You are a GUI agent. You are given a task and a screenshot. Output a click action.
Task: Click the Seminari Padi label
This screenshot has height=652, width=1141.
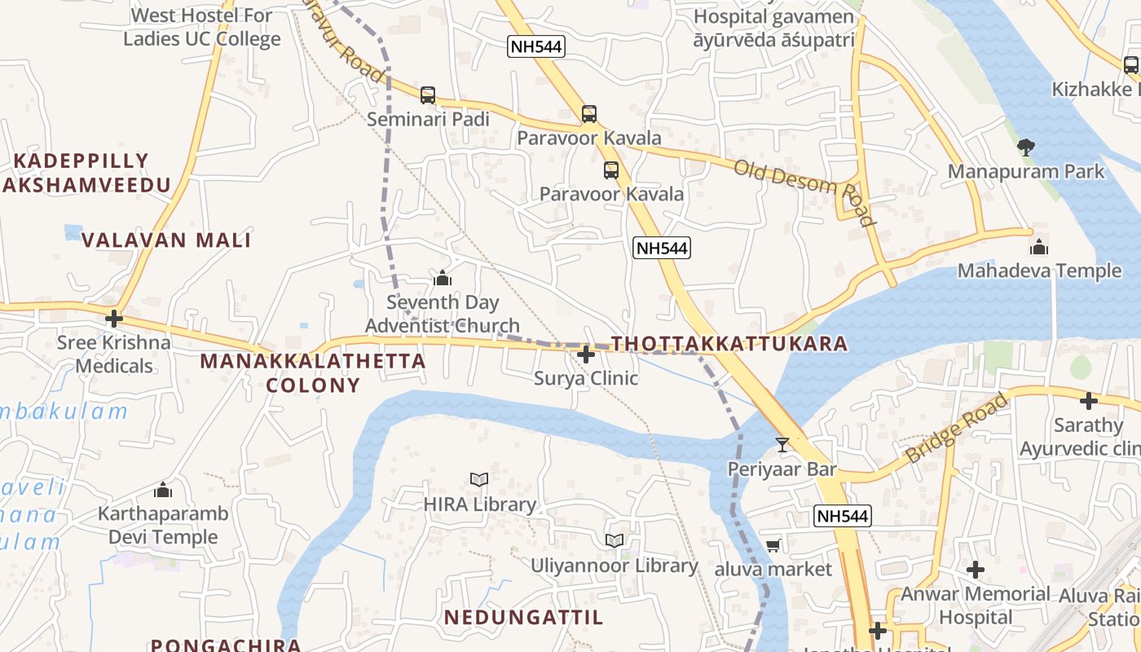tap(428, 120)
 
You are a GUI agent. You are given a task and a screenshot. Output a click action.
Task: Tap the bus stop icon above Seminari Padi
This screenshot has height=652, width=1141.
tap(428, 95)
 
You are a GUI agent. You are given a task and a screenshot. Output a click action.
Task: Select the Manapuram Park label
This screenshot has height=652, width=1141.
tap(1025, 171)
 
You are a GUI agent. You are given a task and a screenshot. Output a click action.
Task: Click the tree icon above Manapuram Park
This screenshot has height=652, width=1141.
tap(1025, 148)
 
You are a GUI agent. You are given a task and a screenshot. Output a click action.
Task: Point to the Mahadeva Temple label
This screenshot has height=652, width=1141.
tap(1039, 271)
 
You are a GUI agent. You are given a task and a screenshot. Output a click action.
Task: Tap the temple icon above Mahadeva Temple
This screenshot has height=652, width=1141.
tap(1039, 247)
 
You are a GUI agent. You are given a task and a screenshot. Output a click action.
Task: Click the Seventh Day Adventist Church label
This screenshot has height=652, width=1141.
tap(443, 315)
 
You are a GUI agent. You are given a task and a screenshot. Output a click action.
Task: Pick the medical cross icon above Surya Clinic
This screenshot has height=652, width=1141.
tap(585, 355)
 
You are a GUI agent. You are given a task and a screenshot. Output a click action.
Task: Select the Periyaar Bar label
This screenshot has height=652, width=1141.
tap(782, 469)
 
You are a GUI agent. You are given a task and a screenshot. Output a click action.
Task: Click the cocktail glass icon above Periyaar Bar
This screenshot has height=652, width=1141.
tap(782, 444)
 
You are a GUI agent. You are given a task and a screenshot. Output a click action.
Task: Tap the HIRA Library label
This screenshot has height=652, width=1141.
tap(479, 504)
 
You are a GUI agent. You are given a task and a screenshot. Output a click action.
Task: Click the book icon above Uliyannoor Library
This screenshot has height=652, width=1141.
tap(615, 540)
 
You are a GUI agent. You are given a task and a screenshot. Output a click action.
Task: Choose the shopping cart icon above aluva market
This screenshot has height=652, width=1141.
tap(773, 545)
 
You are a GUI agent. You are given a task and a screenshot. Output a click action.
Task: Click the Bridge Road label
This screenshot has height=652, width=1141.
tap(957, 428)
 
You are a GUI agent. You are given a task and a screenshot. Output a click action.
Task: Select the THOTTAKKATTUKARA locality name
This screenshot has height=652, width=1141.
tap(729, 343)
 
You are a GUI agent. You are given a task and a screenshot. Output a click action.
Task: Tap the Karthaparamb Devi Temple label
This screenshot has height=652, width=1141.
tap(163, 526)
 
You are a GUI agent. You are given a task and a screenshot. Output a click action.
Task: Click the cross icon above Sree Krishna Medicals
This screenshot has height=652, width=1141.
tap(114, 318)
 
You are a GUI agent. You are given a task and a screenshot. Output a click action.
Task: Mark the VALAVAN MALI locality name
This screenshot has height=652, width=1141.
tap(166, 240)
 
